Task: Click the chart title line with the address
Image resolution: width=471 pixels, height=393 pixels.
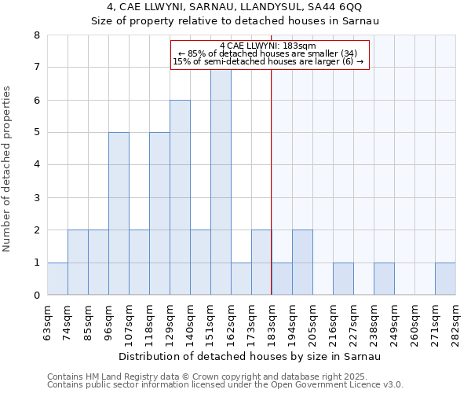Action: [235, 8]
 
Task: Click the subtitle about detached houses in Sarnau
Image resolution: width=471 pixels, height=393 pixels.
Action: [235, 21]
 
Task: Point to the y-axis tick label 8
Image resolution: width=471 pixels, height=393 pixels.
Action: [36, 35]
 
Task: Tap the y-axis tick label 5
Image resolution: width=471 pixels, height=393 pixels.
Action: [36, 133]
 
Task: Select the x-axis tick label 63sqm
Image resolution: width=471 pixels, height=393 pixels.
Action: [47, 321]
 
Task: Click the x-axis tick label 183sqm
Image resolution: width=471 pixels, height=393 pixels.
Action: [272, 321]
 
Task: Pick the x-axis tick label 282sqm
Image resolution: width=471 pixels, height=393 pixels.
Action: [455, 321]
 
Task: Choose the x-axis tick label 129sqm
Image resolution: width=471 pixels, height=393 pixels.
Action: [170, 321]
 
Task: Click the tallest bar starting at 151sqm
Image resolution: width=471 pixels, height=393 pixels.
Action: [221, 181]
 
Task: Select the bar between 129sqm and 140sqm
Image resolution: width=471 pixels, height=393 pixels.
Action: [180, 197]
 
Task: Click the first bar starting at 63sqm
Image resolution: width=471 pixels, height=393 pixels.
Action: [57, 278]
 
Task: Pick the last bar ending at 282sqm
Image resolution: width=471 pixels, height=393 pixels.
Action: [445, 278]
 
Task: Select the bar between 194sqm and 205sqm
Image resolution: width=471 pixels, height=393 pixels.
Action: [302, 263]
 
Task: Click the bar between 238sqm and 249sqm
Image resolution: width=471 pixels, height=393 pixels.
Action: [384, 278]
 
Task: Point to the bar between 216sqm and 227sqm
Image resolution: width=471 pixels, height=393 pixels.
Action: [343, 278]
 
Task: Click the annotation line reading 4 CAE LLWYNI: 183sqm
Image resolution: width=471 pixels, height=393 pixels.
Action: [268, 46]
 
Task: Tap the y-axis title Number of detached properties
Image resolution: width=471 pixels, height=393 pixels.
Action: [8, 169]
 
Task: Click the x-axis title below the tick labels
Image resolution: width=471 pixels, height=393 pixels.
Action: [251, 357]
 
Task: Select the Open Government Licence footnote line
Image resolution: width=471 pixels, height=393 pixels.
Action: [225, 385]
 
